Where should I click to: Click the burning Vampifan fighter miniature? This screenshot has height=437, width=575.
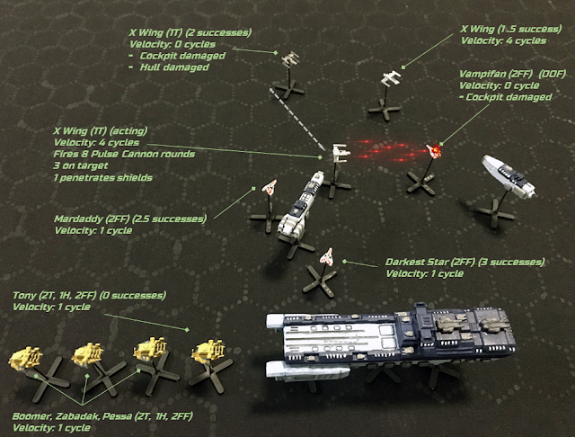click(434, 151)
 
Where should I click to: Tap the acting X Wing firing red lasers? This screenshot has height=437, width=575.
click(341, 153)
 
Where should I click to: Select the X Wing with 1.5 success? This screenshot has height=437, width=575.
click(391, 78)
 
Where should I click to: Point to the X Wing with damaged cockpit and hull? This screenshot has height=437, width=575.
click(290, 58)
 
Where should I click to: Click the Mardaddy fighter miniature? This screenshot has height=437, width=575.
click(270, 187)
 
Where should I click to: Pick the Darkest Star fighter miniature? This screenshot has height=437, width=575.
click(327, 257)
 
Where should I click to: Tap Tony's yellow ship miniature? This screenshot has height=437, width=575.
click(208, 351)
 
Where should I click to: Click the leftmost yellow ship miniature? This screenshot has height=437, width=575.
click(26, 357)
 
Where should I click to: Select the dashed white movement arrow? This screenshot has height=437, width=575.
click(297, 120)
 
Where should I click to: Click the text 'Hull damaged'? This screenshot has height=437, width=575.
click(174, 67)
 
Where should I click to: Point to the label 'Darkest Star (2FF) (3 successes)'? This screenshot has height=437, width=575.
click(465, 262)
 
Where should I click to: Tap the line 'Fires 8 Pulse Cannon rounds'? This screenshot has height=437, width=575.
click(124, 154)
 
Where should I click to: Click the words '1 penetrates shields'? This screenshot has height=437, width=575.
click(102, 178)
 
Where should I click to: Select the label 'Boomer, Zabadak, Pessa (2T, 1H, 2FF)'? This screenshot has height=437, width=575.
click(102, 416)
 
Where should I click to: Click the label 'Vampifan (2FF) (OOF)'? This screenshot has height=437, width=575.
click(513, 74)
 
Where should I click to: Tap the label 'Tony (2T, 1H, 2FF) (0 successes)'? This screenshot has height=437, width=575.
click(89, 295)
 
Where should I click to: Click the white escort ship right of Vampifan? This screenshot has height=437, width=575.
click(509, 176)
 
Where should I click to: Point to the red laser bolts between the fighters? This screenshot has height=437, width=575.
click(388, 150)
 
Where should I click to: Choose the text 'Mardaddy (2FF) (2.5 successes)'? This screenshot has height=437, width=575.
click(130, 219)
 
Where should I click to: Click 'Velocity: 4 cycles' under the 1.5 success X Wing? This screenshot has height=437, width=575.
click(503, 40)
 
